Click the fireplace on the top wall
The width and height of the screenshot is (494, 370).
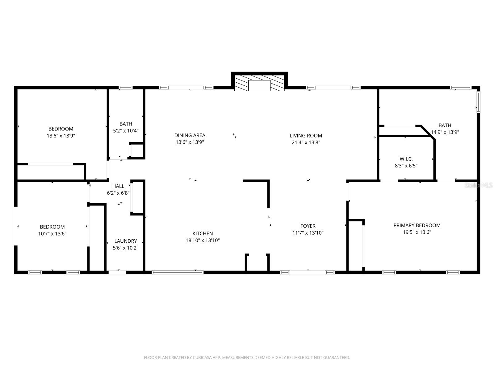point(259,83)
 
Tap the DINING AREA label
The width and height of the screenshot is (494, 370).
point(190,135)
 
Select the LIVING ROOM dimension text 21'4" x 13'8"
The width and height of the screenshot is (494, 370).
point(306,142)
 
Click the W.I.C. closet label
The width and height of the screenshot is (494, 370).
point(406,159)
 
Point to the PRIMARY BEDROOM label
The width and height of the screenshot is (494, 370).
point(417,225)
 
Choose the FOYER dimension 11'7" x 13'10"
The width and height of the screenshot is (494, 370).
point(308,233)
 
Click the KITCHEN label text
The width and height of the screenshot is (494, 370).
point(203,233)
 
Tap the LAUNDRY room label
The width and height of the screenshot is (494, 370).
point(125,241)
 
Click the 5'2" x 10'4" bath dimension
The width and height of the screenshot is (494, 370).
point(126,131)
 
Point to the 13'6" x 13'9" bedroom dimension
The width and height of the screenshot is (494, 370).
point(61,136)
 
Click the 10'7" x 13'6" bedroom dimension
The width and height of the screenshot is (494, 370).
point(52,234)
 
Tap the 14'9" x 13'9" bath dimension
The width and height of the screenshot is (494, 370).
point(445,132)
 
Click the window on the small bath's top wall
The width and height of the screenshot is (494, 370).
point(126,88)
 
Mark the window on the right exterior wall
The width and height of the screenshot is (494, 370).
point(478,102)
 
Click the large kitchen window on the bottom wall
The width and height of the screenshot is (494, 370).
point(178,272)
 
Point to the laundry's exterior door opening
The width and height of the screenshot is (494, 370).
point(117,272)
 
